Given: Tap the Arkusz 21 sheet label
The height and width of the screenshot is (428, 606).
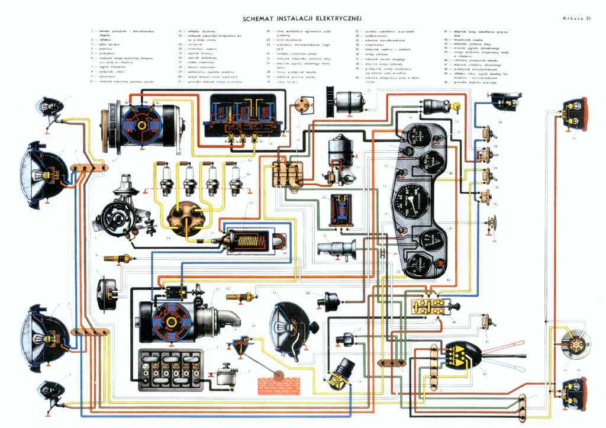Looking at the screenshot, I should (x=575, y=18).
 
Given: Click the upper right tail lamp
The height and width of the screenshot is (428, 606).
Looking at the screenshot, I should (x=574, y=114).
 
